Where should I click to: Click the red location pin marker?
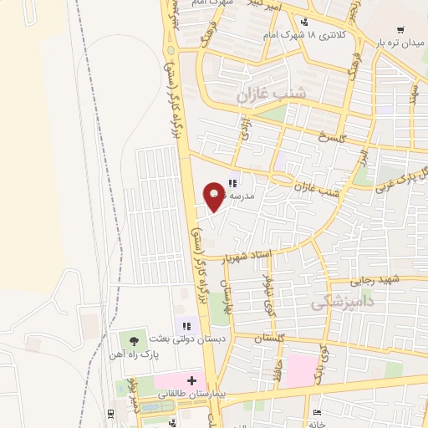[x=216, y=195]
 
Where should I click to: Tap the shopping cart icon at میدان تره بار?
[x=403, y=30]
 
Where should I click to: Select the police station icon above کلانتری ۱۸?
[x=304, y=22]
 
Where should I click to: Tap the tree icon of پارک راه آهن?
[x=132, y=339]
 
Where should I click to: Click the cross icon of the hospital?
[x=191, y=381]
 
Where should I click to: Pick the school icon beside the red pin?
[x=233, y=182]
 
